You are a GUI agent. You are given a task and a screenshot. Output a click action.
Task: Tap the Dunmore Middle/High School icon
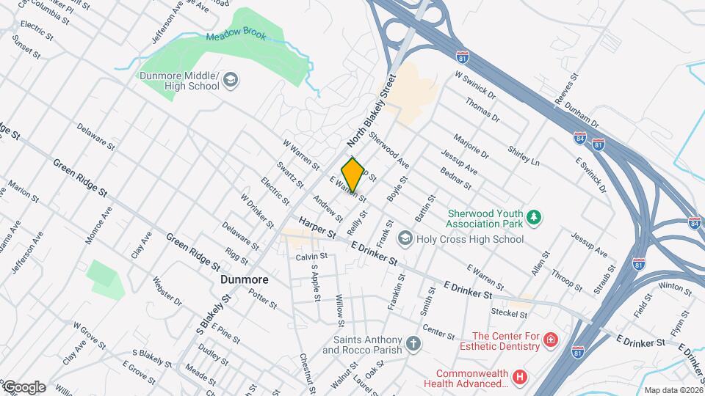pos(231,80)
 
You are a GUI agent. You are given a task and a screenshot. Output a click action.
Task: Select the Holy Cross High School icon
pos(405,238)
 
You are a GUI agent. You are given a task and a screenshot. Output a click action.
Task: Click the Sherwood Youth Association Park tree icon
pos(536,216)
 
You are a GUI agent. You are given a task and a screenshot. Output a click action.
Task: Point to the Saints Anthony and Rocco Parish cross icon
pos(414,343)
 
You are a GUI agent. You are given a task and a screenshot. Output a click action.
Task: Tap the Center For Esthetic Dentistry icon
pos(552,340)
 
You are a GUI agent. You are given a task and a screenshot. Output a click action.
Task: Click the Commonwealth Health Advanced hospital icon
pos(521,377)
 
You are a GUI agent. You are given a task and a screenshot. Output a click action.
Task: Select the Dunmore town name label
pos(245,280)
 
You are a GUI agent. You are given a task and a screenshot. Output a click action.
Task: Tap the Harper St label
pos(317,227)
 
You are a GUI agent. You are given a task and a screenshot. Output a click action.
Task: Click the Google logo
pos(23,386)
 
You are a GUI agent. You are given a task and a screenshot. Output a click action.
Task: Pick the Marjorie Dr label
pos(471,146)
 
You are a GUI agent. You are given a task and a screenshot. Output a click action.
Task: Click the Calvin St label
pos(311,257)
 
